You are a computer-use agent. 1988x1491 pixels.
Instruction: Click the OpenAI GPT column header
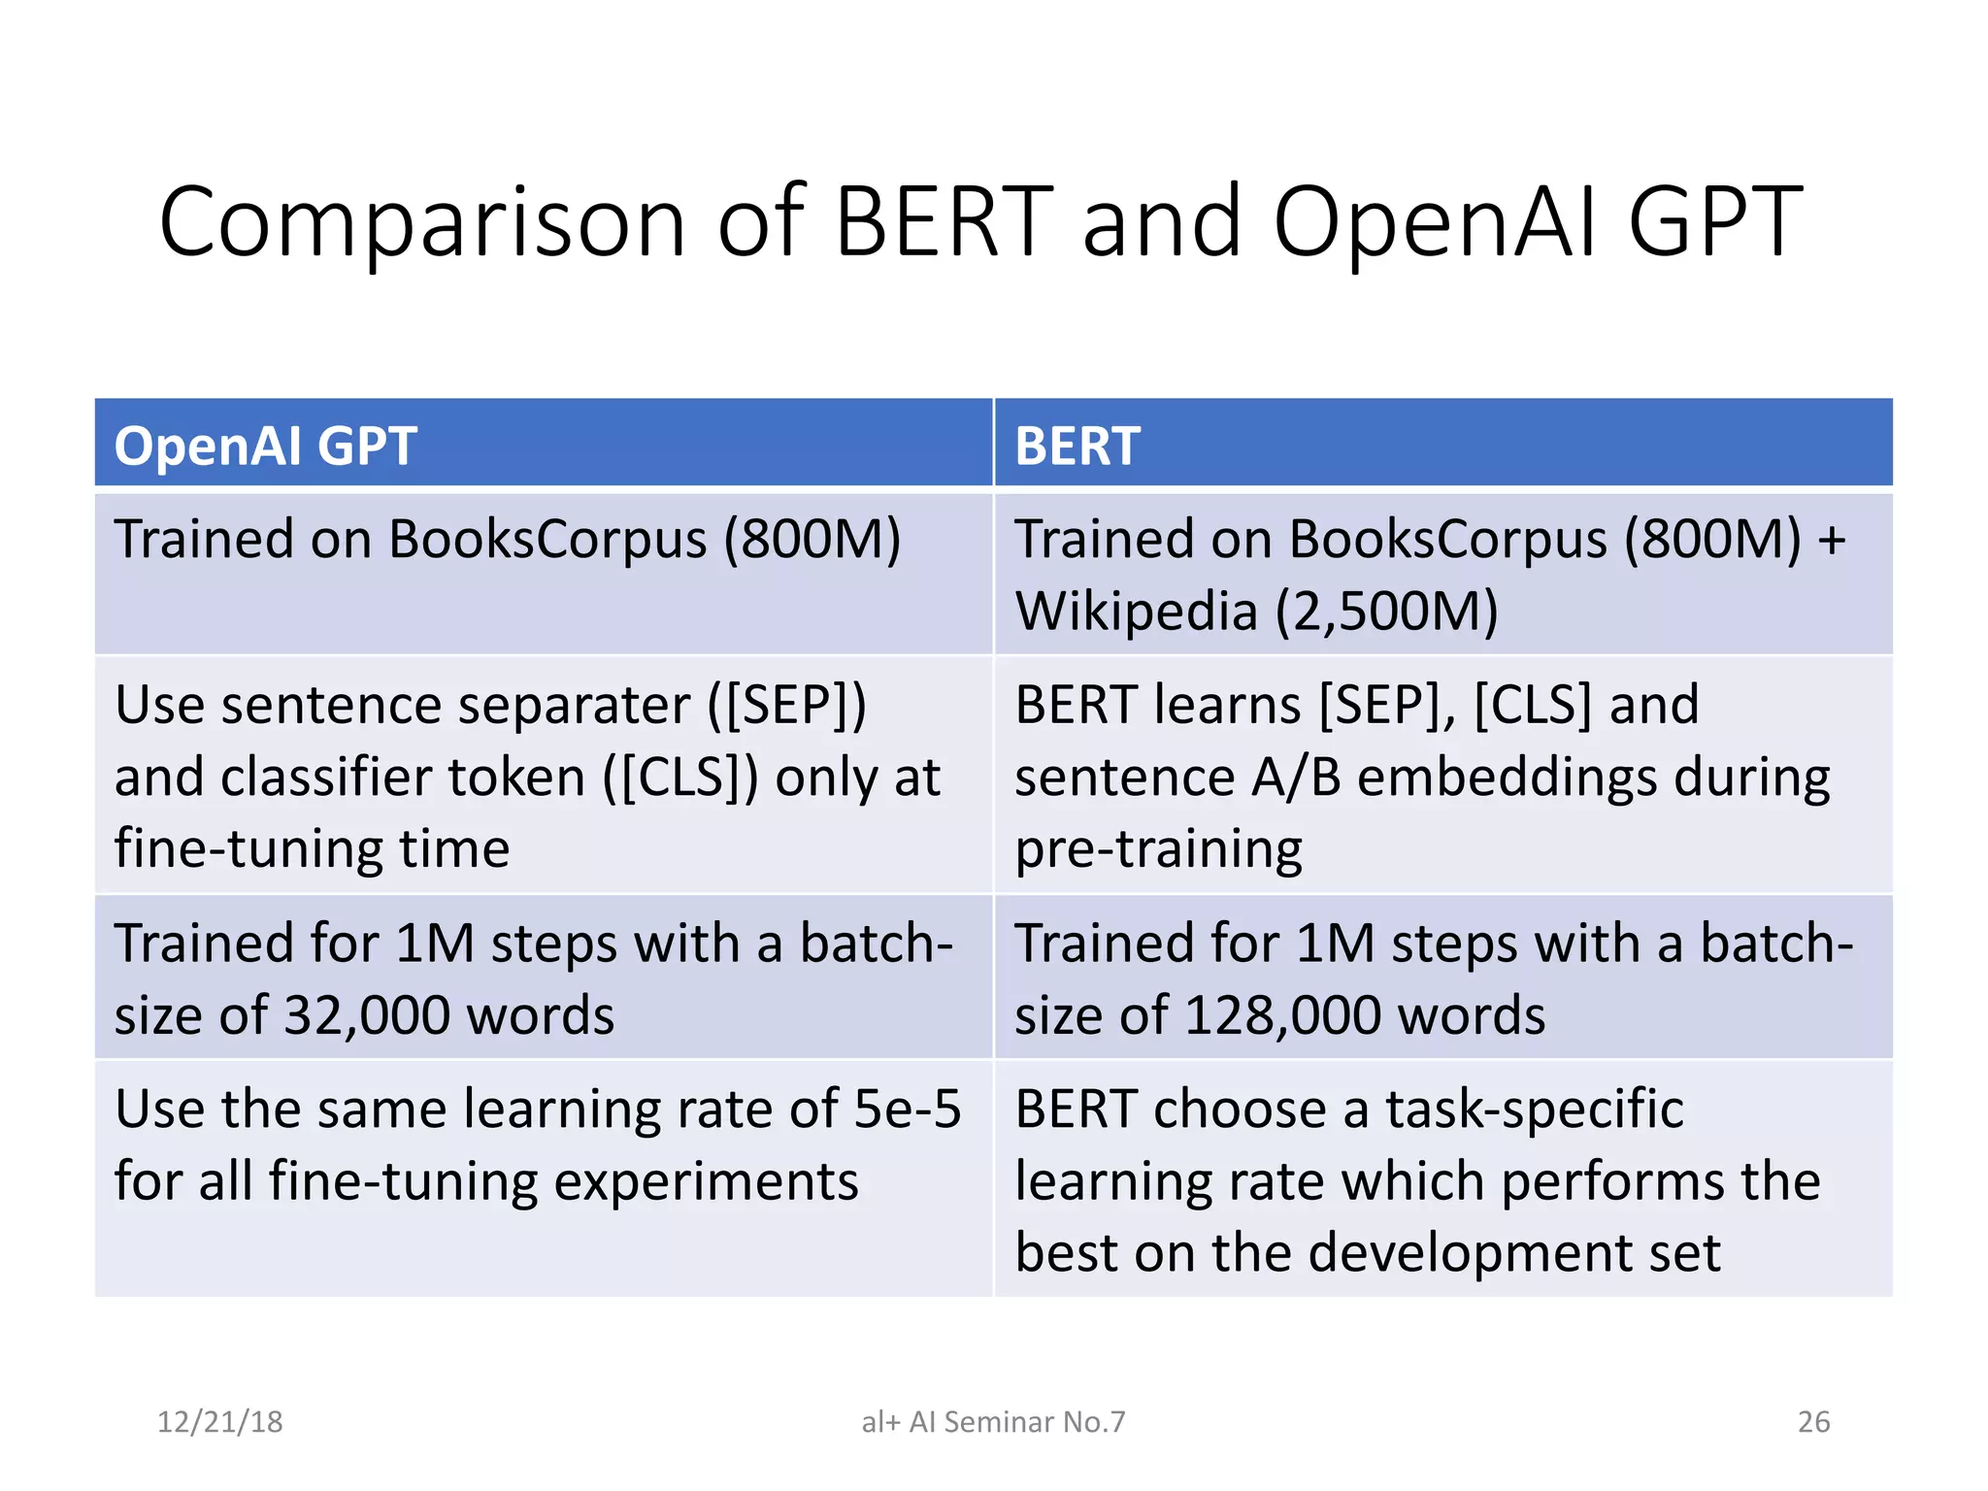point(265,446)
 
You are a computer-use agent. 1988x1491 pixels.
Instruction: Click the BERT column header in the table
point(1077,446)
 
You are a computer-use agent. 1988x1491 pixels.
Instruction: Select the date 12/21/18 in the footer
point(219,1421)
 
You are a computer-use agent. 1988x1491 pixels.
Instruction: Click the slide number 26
point(1813,1421)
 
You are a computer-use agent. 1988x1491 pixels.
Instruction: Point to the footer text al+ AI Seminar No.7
point(993,1421)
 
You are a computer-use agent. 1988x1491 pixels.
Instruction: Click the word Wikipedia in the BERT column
point(1136,612)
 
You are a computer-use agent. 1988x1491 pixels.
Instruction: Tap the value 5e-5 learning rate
point(907,1109)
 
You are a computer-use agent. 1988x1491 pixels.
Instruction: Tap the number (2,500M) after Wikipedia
point(1387,612)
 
